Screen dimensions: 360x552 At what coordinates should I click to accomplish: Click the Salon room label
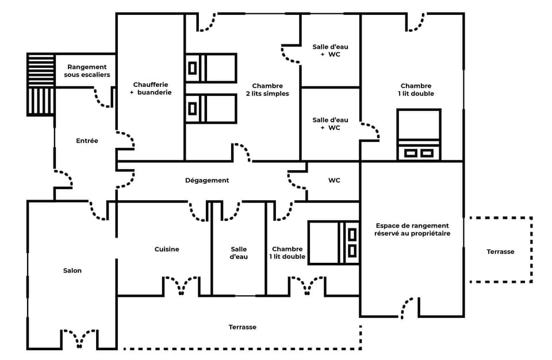(x=72, y=270)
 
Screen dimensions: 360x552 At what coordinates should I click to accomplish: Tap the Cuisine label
(x=167, y=249)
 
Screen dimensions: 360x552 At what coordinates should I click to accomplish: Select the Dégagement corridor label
(x=207, y=180)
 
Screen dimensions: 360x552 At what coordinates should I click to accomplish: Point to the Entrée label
(x=87, y=140)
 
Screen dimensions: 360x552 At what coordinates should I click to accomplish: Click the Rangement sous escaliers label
(x=87, y=71)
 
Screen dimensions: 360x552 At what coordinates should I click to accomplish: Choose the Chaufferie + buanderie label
(x=151, y=88)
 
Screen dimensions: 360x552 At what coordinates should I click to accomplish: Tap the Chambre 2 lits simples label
(x=267, y=90)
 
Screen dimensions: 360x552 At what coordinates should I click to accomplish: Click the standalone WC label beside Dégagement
(x=334, y=180)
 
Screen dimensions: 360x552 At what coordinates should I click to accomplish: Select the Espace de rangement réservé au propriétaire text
(x=412, y=229)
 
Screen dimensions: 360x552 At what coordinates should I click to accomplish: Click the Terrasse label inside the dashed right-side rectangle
(x=500, y=251)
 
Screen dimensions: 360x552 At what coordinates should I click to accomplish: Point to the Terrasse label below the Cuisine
(x=243, y=327)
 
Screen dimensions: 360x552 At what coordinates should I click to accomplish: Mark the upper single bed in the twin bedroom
(x=211, y=68)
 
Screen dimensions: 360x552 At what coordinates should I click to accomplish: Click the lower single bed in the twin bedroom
(x=211, y=109)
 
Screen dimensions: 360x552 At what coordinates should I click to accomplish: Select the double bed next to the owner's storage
(x=333, y=243)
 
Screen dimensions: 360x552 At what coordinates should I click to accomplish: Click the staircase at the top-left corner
(x=41, y=84)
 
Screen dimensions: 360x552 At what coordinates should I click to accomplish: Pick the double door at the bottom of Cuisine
(x=181, y=286)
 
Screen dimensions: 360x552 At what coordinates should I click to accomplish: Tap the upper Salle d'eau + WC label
(x=330, y=50)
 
